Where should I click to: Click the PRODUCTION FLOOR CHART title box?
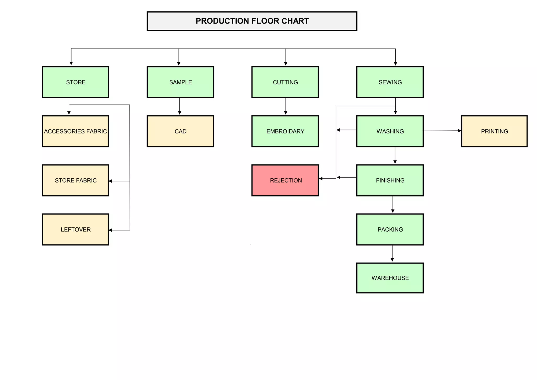click(x=252, y=21)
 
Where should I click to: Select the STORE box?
click(x=76, y=82)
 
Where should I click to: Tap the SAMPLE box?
click(x=180, y=82)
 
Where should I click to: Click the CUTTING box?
click(x=285, y=82)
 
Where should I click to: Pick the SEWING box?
click(x=390, y=82)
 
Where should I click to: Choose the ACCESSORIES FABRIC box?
click(x=76, y=131)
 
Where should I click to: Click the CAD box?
click(x=180, y=131)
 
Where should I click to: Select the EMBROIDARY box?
click(x=285, y=131)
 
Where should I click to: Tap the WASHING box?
click(x=390, y=131)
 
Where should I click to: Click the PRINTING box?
click(x=494, y=131)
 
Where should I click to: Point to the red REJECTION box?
click(x=285, y=180)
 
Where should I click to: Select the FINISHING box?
click(x=390, y=180)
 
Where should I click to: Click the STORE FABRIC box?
click(x=76, y=180)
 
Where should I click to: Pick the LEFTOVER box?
click(x=76, y=229)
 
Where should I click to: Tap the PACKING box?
click(x=390, y=229)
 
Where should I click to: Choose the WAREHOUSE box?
click(x=390, y=278)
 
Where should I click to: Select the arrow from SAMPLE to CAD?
click(x=180, y=106)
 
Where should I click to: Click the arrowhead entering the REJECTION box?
click(x=321, y=179)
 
